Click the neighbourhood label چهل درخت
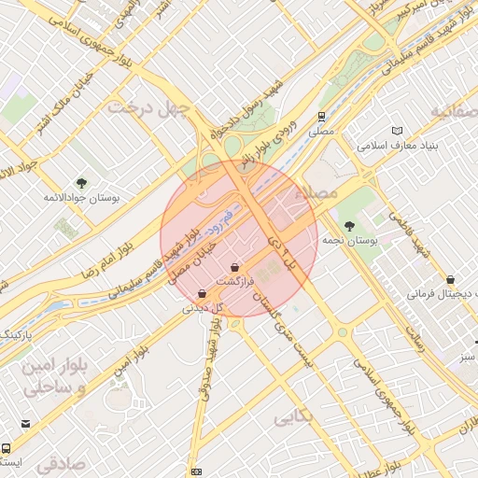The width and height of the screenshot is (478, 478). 149,106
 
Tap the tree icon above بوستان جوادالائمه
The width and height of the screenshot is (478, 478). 81,183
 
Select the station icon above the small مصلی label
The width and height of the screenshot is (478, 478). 321,118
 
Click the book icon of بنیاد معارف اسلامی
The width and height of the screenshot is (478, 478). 400,132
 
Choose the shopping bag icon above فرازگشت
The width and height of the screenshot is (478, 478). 246,267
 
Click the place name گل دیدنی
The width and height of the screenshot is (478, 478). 204,306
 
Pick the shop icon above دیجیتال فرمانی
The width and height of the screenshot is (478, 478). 451,279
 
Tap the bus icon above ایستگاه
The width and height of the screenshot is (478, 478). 7,448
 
